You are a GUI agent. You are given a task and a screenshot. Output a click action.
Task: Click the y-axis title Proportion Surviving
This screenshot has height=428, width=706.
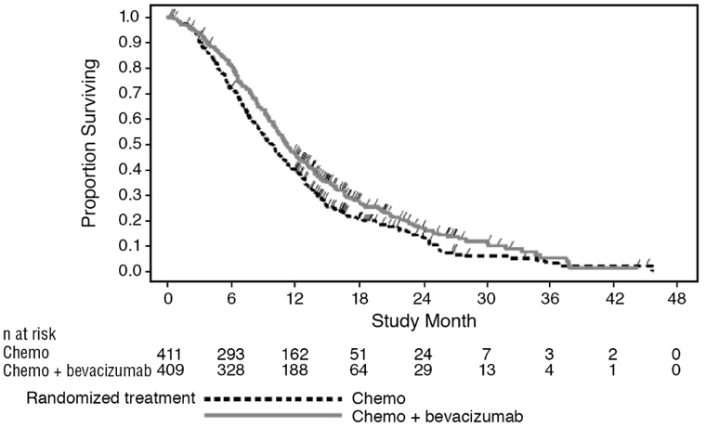89,143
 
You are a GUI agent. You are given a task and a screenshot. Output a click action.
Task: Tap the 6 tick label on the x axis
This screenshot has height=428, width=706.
231,299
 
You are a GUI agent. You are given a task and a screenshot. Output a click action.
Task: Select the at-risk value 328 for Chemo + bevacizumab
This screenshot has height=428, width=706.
231,370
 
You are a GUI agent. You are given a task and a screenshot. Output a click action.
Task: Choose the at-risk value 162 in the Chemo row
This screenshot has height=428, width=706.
294,354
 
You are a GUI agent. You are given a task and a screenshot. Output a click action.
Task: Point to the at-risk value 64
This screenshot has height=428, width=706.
359,370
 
